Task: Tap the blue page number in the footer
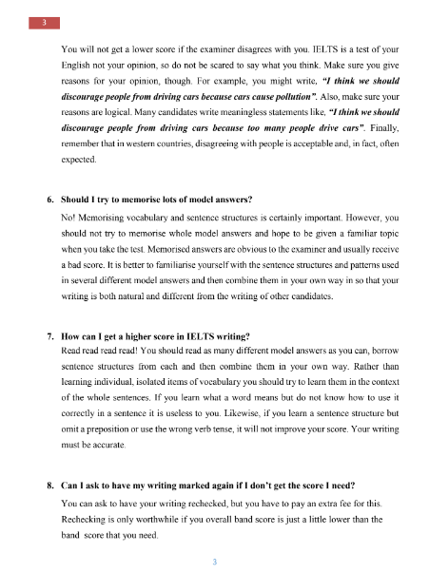coord(215,561)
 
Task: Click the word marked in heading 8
coord(186,486)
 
